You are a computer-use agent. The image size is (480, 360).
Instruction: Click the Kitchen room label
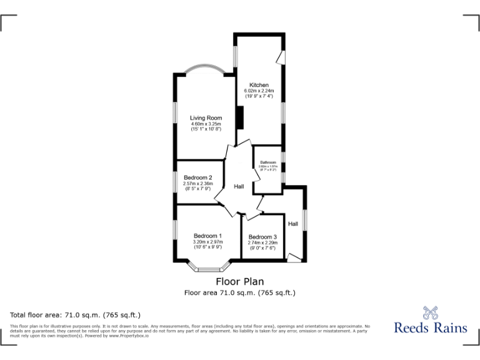259,85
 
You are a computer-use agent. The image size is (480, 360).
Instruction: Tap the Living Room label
206,117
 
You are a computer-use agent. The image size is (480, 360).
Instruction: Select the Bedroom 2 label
197,177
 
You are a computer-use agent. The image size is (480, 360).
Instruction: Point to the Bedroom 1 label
207,236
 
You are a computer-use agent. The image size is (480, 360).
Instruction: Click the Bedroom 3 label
262,237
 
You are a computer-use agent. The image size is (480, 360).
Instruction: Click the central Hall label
239,186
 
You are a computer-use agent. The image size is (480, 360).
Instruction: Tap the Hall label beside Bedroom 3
292,223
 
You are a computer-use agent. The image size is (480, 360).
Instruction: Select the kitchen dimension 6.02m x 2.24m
259,91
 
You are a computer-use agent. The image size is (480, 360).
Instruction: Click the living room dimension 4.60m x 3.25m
206,124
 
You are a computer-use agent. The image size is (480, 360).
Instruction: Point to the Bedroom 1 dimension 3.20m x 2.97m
207,242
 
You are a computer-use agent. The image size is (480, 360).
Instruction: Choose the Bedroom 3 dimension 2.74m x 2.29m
262,243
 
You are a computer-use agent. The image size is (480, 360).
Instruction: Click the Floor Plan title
240,281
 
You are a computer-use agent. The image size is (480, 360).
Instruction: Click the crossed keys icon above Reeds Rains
430,311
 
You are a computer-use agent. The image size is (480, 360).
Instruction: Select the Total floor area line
76,314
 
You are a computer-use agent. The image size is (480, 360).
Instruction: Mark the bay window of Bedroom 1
207,268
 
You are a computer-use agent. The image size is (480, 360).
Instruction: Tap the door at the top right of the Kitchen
281,57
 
